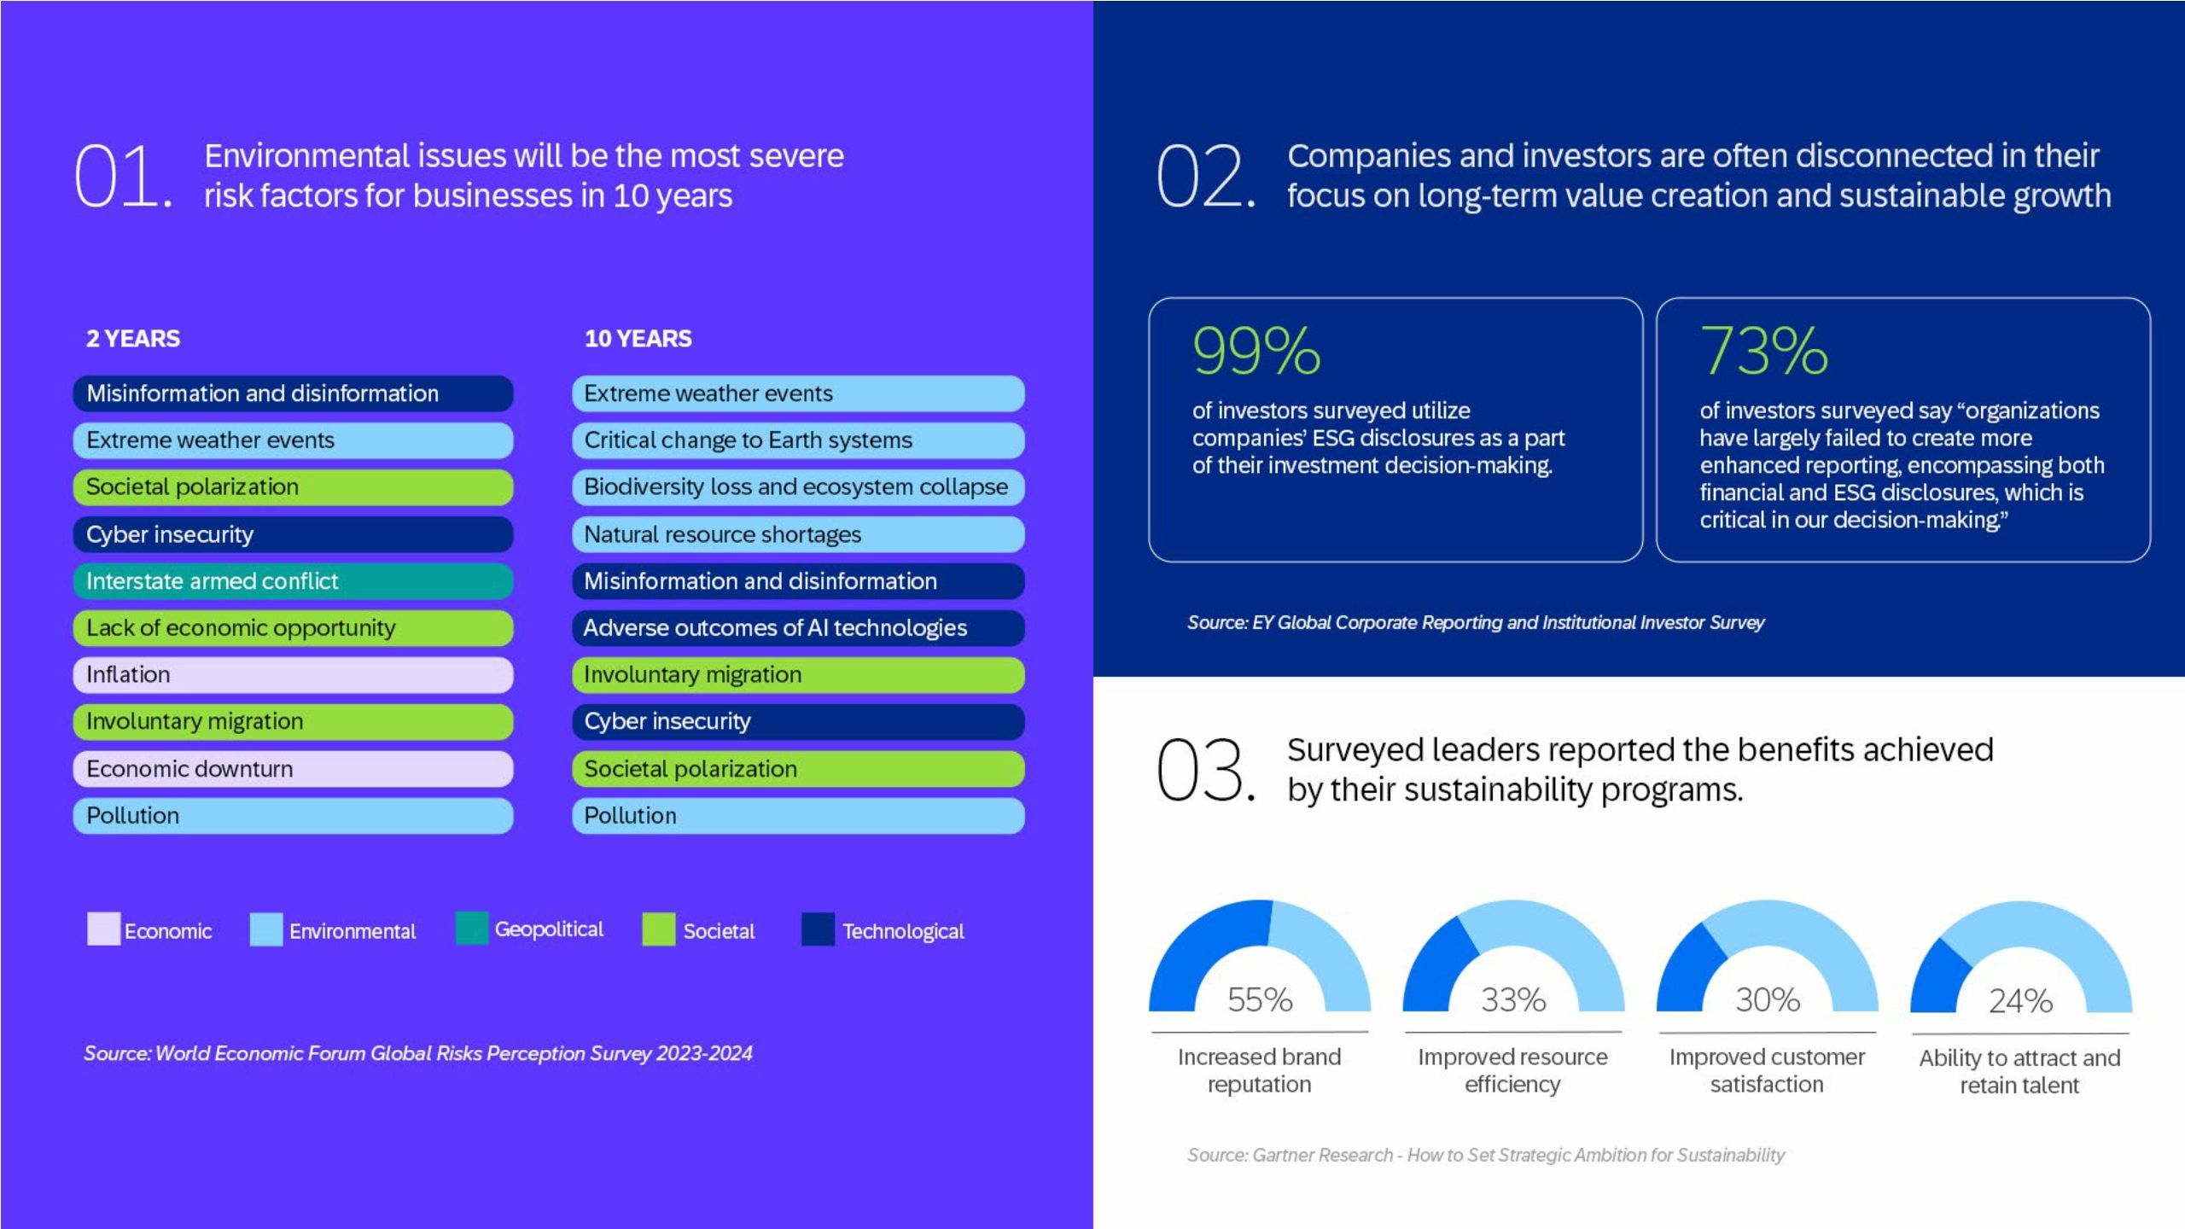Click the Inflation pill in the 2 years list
pyautogui.click(x=293, y=675)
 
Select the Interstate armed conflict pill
pyautogui.click(x=293, y=581)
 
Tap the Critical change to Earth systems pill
pyautogui.click(x=797, y=440)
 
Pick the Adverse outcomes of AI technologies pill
pyautogui.click(x=797, y=628)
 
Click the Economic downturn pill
pyautogui.click(x=293, y=769)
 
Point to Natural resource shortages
pyautogui.click(x=797, y=534)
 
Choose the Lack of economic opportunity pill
pyautogui.click(x=293, y=628)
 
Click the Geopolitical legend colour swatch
pyautogui.click(x=471, y=929)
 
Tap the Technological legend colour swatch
pyautogui.click(x=818, y=930)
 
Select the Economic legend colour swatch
pyautogui.click(x=103, y=929)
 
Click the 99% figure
pyautogui.click(x=1256, y=351)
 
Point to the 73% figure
pyautogui.click(x=1763, y=351)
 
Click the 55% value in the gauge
pyautogui.click(x=1260, y=999)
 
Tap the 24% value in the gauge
pyautogui.click(x=2020, y=1001)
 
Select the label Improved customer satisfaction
pyautogui.click(x=1767, y=1070)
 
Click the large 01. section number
pyautogui.click(x=123, y=176)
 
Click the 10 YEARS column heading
pyautogui.click(x=638, y=339)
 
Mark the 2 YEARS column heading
pyautogui.click(x=133, y=339)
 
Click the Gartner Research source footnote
pyautogui.click(x=1485, y=1156)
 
